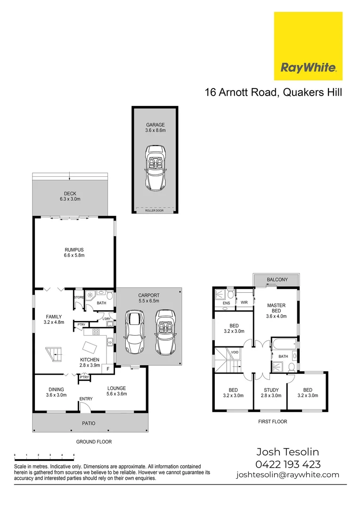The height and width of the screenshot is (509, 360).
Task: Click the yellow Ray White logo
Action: tap(308, 46)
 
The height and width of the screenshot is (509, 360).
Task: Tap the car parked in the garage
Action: tap(155, 166)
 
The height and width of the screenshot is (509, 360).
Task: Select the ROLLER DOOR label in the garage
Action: tap(155, 212)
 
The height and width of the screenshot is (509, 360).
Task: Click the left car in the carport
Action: tap(134, 333)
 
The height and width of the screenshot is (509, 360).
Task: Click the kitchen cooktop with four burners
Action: tap(96, 332)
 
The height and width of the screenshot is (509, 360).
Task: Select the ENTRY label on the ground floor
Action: tap(86, 399)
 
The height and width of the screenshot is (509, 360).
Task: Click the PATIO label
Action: tap(89, 423)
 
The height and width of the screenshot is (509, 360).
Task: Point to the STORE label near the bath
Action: tap(78, 297)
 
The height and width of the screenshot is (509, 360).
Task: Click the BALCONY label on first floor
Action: tap(277, 280)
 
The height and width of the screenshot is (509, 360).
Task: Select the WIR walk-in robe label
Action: tap(244, 302)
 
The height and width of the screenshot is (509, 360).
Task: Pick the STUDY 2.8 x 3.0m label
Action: tap(271, 393)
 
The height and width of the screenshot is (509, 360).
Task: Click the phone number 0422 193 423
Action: tap(287, 464)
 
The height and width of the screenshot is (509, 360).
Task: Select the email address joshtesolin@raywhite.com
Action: tap(287, 475)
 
